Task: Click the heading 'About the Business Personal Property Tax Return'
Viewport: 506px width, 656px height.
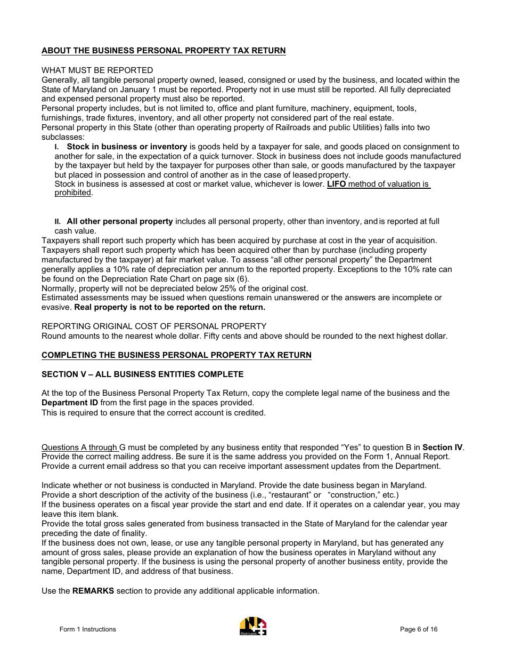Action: click(164, 51)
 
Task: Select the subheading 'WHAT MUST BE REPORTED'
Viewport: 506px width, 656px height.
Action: click(97, 70)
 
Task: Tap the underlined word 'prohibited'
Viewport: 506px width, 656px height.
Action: click(72, 193)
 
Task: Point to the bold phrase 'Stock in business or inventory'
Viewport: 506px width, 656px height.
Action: click(127, 147)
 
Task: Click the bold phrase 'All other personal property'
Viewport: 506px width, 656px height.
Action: click(120, 221)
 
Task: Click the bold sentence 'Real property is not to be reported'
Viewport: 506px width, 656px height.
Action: click(169, 307)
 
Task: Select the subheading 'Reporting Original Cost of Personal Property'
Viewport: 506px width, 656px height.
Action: click(154, 326)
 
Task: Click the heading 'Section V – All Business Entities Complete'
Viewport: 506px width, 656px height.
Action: click(142, 374)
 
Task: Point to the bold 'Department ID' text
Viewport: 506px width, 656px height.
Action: click(70, 403)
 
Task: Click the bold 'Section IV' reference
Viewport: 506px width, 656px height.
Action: click(443, 447)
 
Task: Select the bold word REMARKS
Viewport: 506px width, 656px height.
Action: click(93, 591)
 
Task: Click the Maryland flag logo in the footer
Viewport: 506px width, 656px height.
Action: click(253, 626)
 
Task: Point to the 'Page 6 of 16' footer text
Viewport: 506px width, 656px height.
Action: click(419, 629)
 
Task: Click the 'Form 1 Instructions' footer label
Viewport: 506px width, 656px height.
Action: click(87, 629)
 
